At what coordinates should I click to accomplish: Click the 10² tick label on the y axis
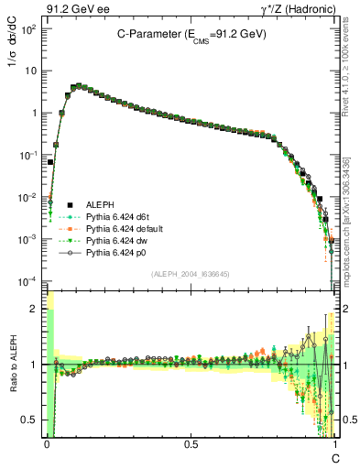[x=28, y=28]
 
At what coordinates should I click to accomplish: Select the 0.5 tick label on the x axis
[x=190, y=442]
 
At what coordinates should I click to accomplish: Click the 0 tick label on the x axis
[x=47, y=442]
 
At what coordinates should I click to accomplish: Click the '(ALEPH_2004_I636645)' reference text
[x=191, y=274]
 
